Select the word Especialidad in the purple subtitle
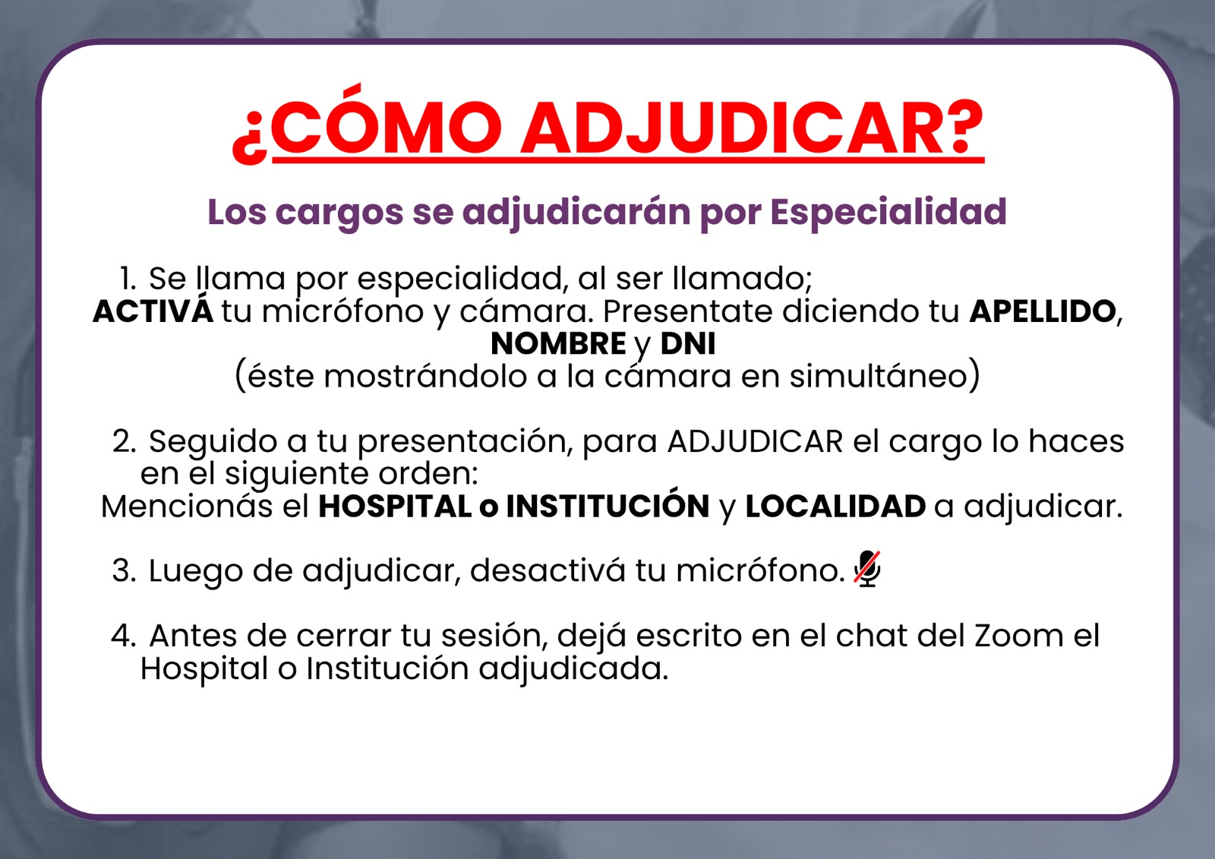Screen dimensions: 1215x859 888,211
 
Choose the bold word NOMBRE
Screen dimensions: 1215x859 558,343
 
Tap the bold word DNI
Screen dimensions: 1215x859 688,343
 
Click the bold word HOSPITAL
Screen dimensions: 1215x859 395,507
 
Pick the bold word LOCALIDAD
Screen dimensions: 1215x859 836,507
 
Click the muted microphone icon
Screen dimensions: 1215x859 866,569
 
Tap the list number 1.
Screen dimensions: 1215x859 128,279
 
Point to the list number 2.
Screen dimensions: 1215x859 125,441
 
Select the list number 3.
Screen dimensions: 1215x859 125,571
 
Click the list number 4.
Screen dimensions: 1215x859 124,636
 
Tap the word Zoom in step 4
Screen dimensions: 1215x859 1019,636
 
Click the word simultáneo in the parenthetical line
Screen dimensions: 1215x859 878,376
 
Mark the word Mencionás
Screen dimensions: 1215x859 187,507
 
